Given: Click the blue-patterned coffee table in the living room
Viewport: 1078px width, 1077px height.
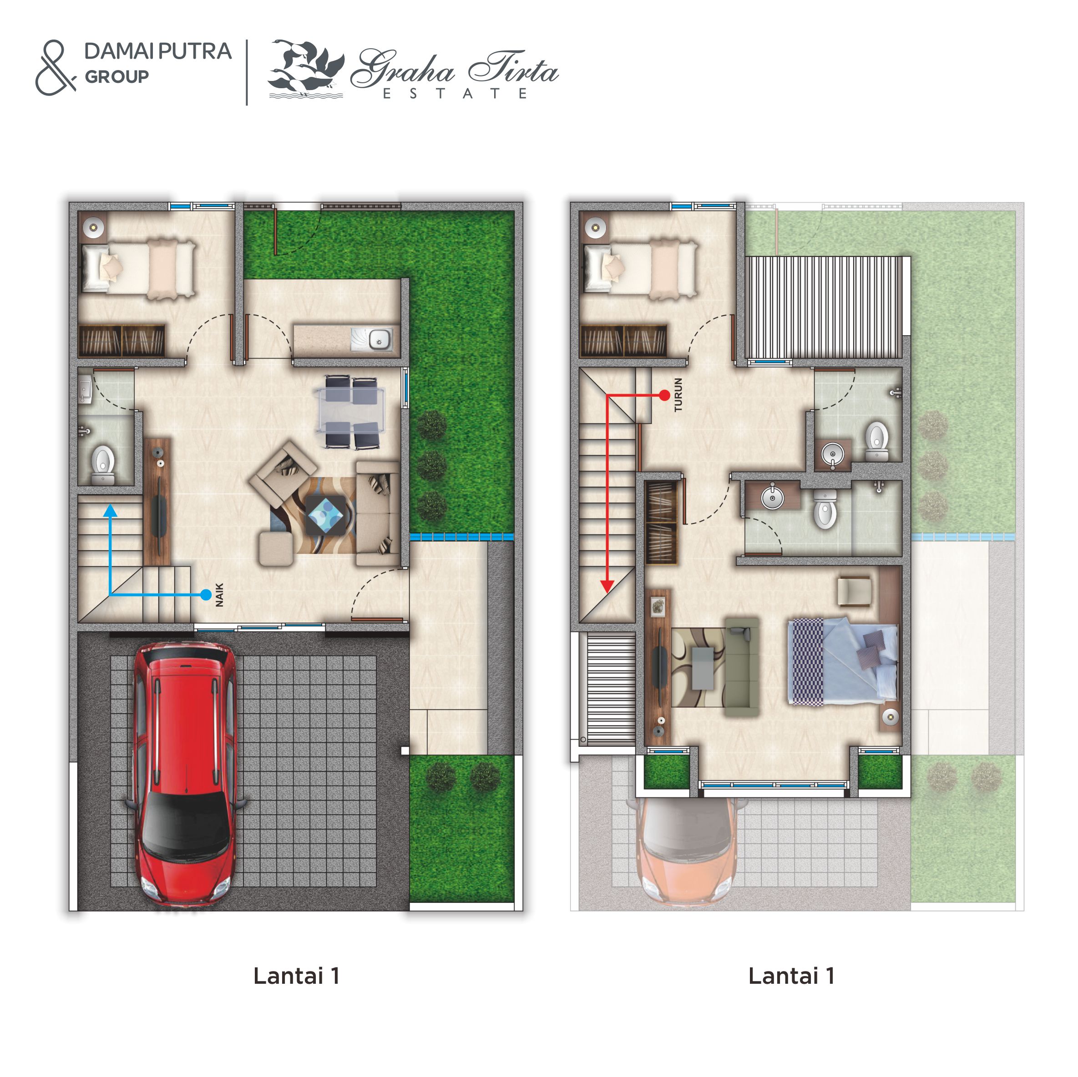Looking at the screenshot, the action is pos(326,515).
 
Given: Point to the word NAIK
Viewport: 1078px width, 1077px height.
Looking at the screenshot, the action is pos(220,594).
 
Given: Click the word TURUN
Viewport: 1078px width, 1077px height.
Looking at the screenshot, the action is pos(678,394).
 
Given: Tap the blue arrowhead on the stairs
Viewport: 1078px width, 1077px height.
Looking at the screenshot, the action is pos(111,510).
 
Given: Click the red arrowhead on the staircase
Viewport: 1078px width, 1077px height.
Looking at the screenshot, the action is pos(607,586).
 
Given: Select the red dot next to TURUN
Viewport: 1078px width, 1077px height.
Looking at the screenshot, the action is pos(664,395).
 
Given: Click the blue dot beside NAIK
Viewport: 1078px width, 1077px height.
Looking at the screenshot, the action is pos(206,595).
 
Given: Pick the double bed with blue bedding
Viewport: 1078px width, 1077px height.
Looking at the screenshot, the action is pos(843,662).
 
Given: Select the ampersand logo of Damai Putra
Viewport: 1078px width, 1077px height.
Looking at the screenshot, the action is pos(55,67).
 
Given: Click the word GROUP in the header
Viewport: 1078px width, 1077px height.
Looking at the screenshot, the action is pos(116,77).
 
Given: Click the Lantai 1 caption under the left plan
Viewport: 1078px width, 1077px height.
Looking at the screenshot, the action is pos(296,976).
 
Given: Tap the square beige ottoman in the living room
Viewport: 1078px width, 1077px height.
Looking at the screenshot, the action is pos(276,549).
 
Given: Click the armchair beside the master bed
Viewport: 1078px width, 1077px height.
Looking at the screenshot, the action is pos(854,591).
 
